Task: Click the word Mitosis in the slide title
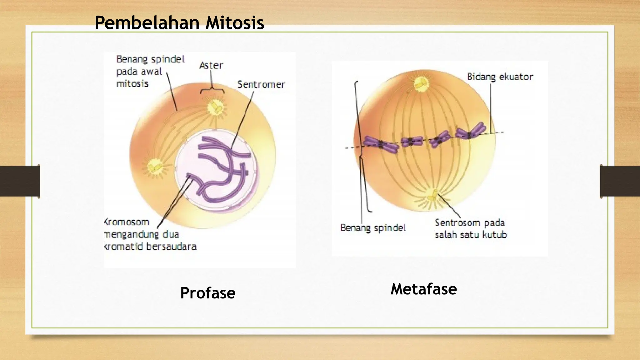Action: pyautogui.click(x=234, y=23)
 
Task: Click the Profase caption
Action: pyautogui.click(x=208, y=293)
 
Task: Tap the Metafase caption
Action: pyautogui.click(x=423, y=289)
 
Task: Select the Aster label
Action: pyautogui.click(x=211, y=66)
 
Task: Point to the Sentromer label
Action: pyautogui.click(x=261, y=84)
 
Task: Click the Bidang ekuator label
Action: pyautogui.click(x=500, y=77)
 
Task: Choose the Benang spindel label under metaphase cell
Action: pyautogui.click(x=373, y=228)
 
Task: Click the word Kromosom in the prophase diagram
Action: pyautogui.click(x=126, y=222)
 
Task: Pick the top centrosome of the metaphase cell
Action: pyautogui.click(x=421, y=83)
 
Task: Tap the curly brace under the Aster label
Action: pyautogui.click(x=212, y=90)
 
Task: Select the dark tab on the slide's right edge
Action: pyautogui.click(x=620, y=181)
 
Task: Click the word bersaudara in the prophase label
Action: pyautogui.click(x=171, y=247)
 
